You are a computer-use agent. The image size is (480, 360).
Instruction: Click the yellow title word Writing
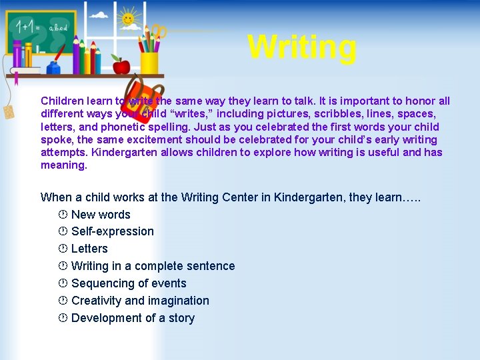tap(302, 47)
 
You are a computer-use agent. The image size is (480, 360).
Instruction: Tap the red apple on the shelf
tap(121, 65)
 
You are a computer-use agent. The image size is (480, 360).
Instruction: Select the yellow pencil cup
tap(149, 62)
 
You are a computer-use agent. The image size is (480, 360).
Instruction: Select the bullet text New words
tap(101, 215)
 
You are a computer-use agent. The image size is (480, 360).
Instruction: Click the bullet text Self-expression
tap(112, 231)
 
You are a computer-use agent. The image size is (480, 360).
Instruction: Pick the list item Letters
tap(89, 249)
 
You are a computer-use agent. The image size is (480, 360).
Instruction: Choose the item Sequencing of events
tap(129, 283)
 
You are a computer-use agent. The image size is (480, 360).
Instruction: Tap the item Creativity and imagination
tap(140, 301)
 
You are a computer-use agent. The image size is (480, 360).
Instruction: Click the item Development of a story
tap(133, 318)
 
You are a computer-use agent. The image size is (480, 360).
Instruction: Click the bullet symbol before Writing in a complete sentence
tap(62, 266)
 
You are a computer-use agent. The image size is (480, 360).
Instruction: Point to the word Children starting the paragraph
tap(62, 101)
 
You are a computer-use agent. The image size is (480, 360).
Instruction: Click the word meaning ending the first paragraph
tap(63, 165)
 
